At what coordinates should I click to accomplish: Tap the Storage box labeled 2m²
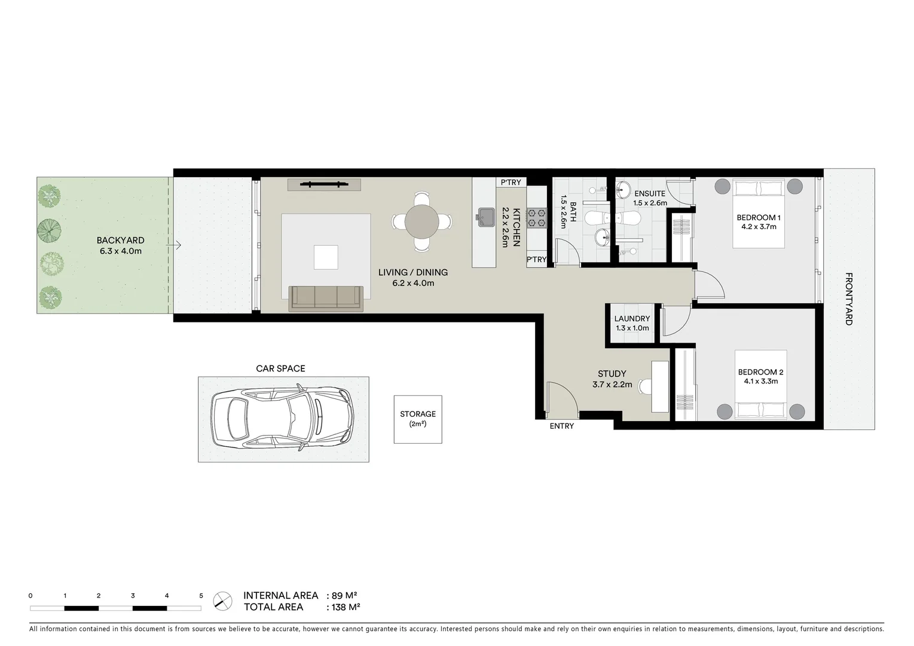418,419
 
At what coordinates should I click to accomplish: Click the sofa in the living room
326,298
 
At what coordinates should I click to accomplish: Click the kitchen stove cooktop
536,217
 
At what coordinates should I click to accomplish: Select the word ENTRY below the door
561,426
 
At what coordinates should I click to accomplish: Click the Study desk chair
644,386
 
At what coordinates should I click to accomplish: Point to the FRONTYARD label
848,298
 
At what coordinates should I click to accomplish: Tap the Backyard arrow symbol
175,245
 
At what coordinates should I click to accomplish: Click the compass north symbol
223,600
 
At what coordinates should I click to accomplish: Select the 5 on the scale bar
201,596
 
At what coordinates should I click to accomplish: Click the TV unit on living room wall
325,184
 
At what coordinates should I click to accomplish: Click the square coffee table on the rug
326,257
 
